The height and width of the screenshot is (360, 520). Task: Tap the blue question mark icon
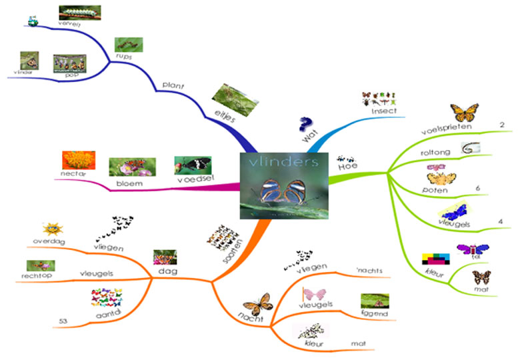[305, 123]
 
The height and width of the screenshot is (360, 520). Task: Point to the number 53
[63, 323]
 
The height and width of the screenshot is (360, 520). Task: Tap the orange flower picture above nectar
[75, 159]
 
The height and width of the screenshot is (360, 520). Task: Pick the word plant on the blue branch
[173, 85]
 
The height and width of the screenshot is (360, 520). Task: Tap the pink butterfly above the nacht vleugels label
[314, 293]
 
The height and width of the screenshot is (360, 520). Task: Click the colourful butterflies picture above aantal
[106, 294]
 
